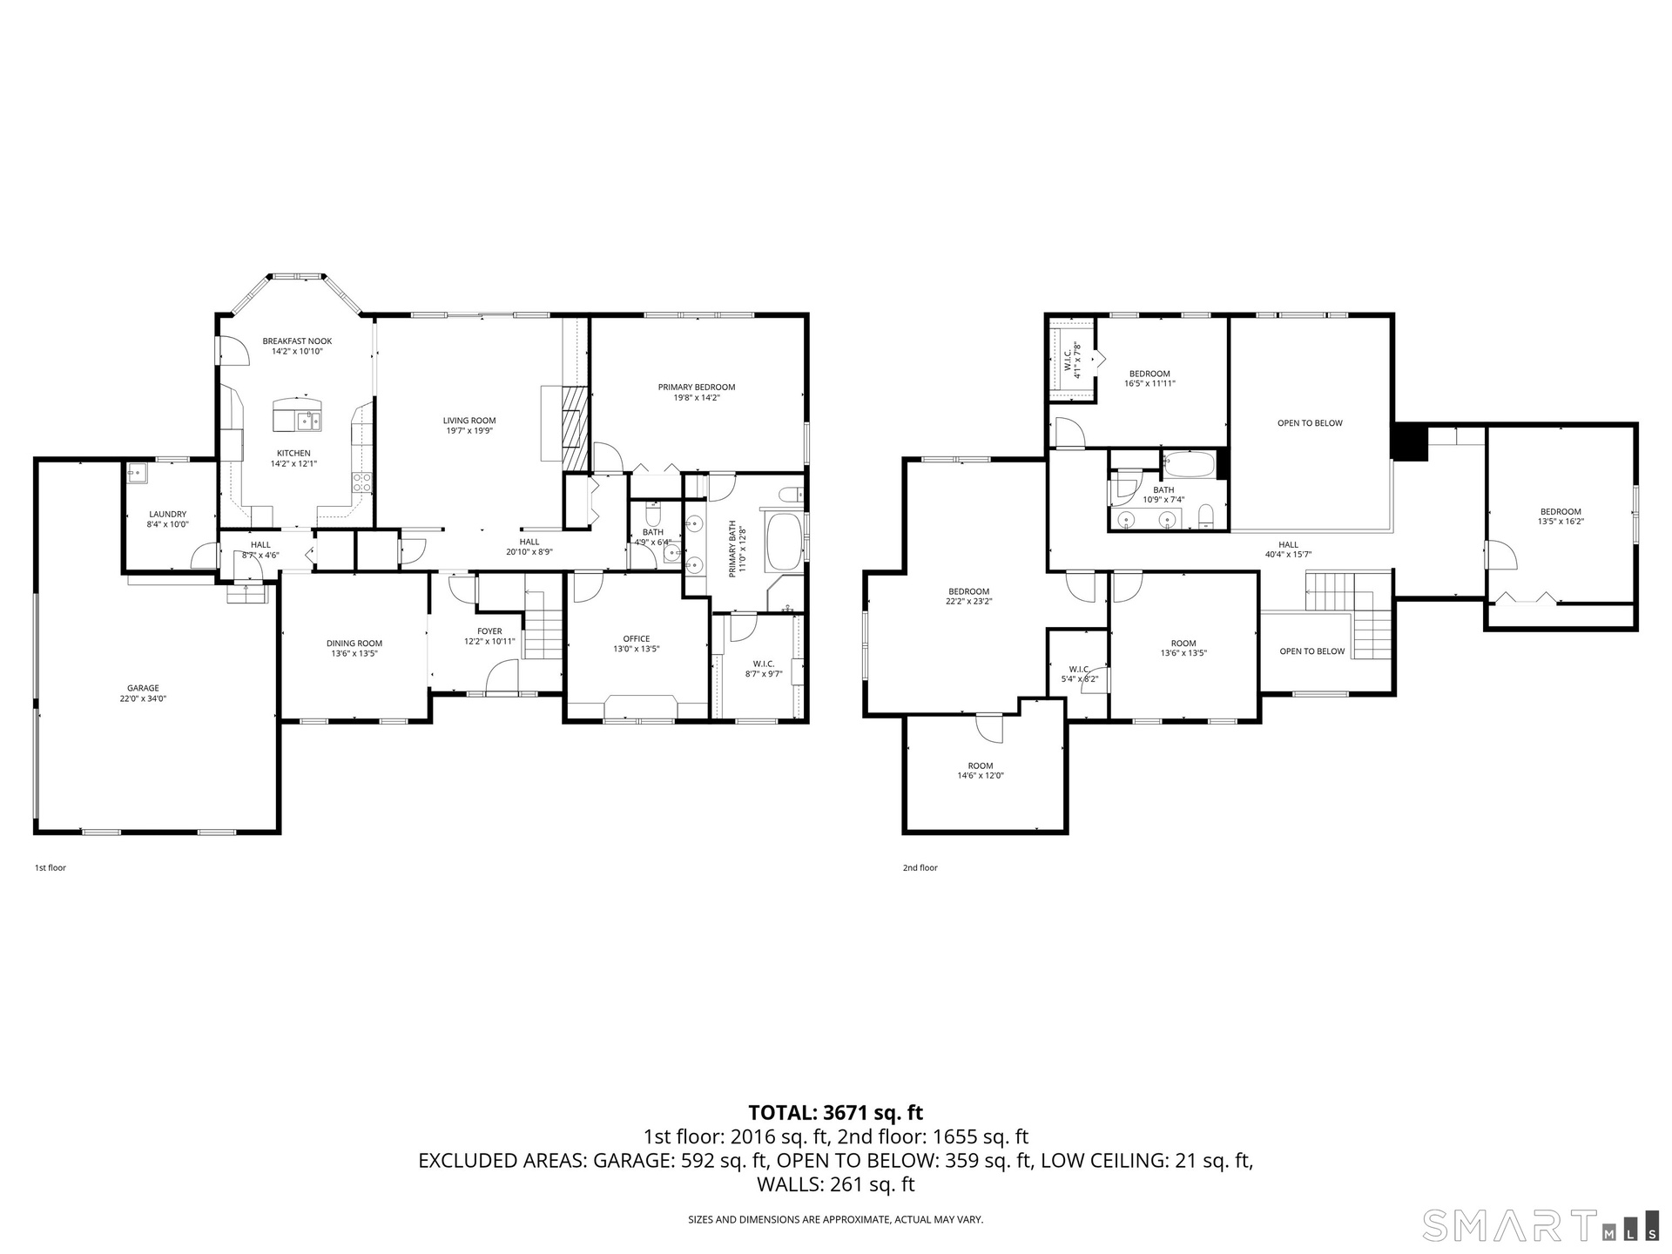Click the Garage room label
tap(143, 688)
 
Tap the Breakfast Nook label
tap(297, 341)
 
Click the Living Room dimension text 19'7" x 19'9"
tap(469, 431)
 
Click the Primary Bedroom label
tap(697, 387)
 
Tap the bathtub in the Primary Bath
tap(785, 542)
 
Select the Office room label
tap(637, 638)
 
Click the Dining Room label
tap(354, 644)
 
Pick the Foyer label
tap(489, 631)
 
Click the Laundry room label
tap(167, 515)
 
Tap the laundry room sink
tap(138, 474)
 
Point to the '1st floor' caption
tap(51, 868)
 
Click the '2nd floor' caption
tap(920, 868)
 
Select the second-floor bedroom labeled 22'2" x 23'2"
tap(969, 597)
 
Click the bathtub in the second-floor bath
tap(1189, 464)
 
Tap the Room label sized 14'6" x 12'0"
tap(981, 771)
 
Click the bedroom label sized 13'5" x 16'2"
tap(1561, 516)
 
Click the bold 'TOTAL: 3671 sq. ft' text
tap(836, 1113)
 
